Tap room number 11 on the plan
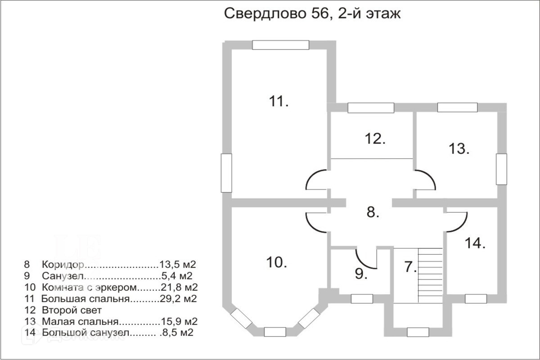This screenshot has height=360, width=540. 279,101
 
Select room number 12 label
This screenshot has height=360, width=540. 375,139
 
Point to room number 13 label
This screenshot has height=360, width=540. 459,148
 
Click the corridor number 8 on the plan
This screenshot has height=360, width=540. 373,212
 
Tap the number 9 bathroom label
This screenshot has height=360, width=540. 361,274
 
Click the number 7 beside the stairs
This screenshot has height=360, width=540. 410,267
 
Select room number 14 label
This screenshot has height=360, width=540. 475,243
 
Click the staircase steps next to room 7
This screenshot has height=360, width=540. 430,275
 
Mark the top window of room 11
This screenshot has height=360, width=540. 281,45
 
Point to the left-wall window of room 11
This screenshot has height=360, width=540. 226,173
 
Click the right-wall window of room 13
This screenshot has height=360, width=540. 501,169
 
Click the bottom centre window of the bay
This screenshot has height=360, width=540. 275,332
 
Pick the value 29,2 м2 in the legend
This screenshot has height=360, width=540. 178,299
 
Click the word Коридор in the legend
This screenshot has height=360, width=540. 63,265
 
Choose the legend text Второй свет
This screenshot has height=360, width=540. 72,310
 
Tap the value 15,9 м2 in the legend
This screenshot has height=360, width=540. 179,321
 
